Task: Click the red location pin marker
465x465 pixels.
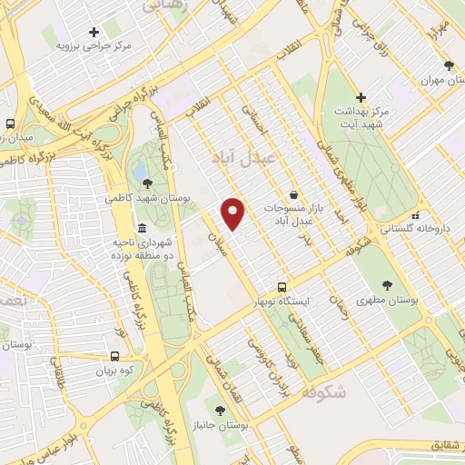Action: point(233,213)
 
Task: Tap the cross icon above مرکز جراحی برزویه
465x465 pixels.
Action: point(94,32)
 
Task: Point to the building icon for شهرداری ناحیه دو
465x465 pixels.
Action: point(141,229)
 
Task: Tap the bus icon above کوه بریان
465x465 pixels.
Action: point(115,357)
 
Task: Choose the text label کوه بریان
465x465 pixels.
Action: point(115,371)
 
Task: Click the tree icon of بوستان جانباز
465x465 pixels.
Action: point(219,411)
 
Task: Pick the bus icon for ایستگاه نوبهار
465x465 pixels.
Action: point(282,286)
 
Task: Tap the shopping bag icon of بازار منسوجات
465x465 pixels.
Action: point(293,194)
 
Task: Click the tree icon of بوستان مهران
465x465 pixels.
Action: point(449,64)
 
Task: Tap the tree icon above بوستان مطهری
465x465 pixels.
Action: point(387,285)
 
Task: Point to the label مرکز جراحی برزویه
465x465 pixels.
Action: point(94,45)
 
